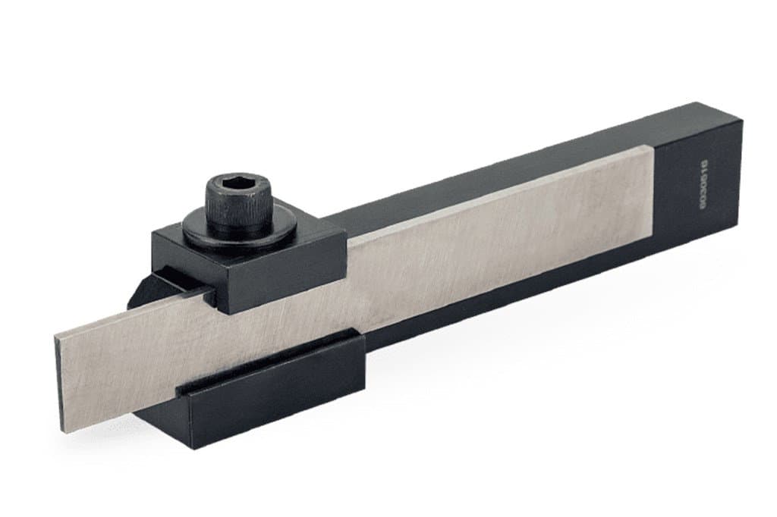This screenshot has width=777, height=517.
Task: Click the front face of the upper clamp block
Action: click(x=281, y=274)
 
